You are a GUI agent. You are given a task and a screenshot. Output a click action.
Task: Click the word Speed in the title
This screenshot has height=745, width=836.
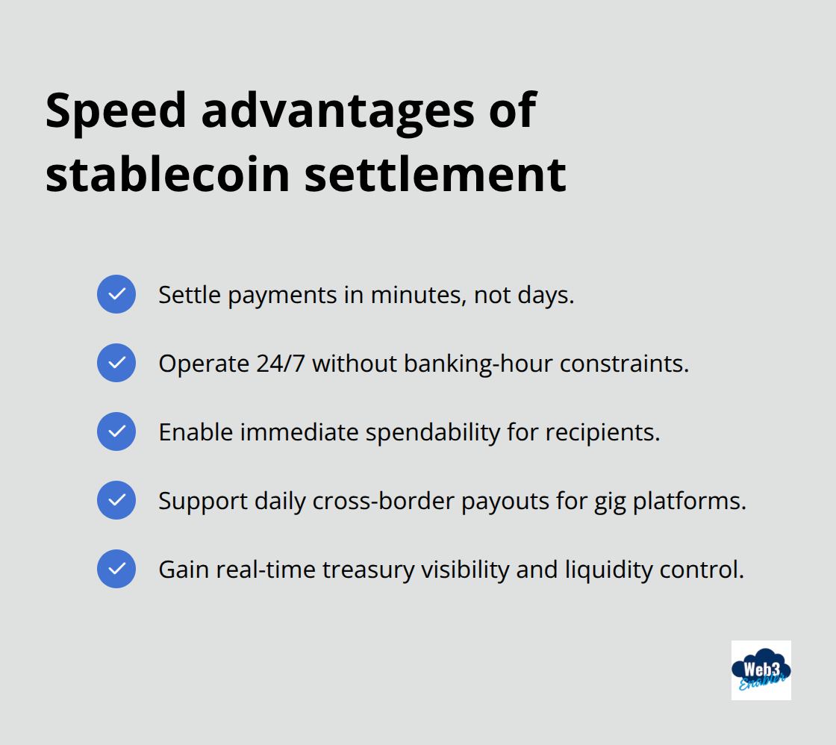pyautogui.click(x=116, y=110)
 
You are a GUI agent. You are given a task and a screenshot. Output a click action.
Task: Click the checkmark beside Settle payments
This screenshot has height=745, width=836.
pyautogui.click(x=116, y=294)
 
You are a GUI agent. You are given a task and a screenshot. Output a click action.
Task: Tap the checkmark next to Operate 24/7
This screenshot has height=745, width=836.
pyautogui.click(x=116, y=363)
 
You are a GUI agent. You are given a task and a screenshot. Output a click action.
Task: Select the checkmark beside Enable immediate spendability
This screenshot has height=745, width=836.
pyautogui.click(x=116, y=431)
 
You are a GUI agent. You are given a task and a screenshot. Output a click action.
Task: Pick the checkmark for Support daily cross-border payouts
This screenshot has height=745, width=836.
pyautogui.click(x=116, y=500)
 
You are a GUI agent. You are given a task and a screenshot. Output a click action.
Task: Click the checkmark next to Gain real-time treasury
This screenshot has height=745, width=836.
pyautogui.click(x=116, y=569)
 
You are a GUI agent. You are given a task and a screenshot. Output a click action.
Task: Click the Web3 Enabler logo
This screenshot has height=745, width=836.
pyautogui.click(x=761, y=670)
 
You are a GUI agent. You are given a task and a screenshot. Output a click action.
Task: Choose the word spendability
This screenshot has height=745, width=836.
pyautogui.click(x=432, y=432)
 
